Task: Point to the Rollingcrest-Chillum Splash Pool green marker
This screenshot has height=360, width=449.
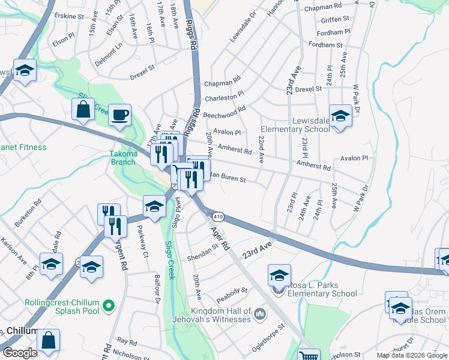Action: [109, 307]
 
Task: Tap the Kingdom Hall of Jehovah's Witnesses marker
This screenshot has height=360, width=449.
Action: [260, 313]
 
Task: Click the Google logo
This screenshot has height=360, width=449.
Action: [20, 353]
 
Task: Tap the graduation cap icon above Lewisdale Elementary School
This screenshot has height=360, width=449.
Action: [340, 115]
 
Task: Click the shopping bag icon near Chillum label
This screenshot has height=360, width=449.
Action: [48, 341]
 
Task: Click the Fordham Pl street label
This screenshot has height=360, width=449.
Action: [334, 32]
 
